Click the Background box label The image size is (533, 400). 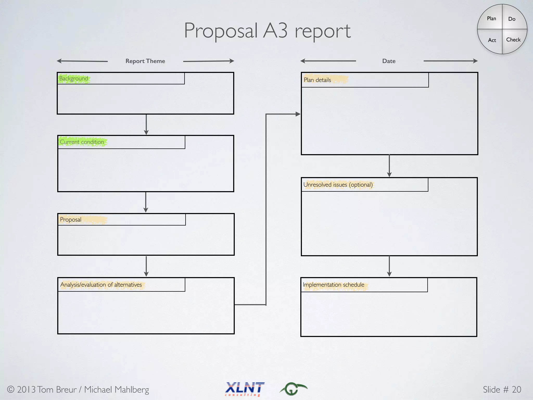74,78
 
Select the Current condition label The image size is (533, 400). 82,142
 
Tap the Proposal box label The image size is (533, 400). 71,220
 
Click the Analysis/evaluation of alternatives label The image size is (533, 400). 101,285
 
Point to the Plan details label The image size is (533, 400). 317,80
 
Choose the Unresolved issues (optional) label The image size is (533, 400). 338,185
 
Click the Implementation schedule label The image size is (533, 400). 333,285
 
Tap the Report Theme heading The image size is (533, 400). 145,61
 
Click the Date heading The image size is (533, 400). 389,61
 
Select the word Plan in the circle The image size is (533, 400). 491,18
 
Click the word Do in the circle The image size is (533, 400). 512,19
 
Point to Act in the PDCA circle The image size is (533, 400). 492,40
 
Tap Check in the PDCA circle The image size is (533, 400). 513,40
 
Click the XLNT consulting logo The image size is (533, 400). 245,389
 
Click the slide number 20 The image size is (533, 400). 516,389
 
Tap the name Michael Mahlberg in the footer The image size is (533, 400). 116,390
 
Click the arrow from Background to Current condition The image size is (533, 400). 146,124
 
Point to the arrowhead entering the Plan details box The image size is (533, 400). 298,114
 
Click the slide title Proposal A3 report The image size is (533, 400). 267,31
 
